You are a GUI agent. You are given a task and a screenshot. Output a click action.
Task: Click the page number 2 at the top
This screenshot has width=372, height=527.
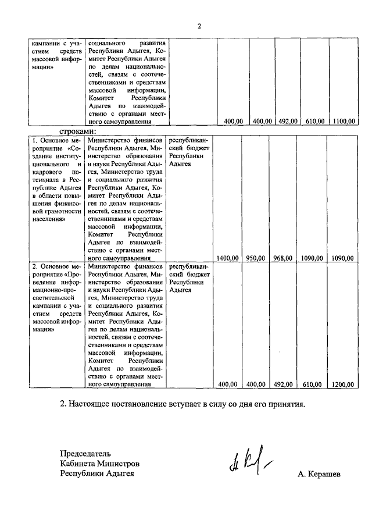coord(199,26)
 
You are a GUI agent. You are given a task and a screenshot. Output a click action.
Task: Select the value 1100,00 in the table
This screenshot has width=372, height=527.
coord(345,121)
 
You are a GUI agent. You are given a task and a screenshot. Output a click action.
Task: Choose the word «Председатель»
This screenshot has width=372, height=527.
coord(85,453)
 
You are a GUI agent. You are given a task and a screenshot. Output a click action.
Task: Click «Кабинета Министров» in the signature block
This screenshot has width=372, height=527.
coord(99,463)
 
